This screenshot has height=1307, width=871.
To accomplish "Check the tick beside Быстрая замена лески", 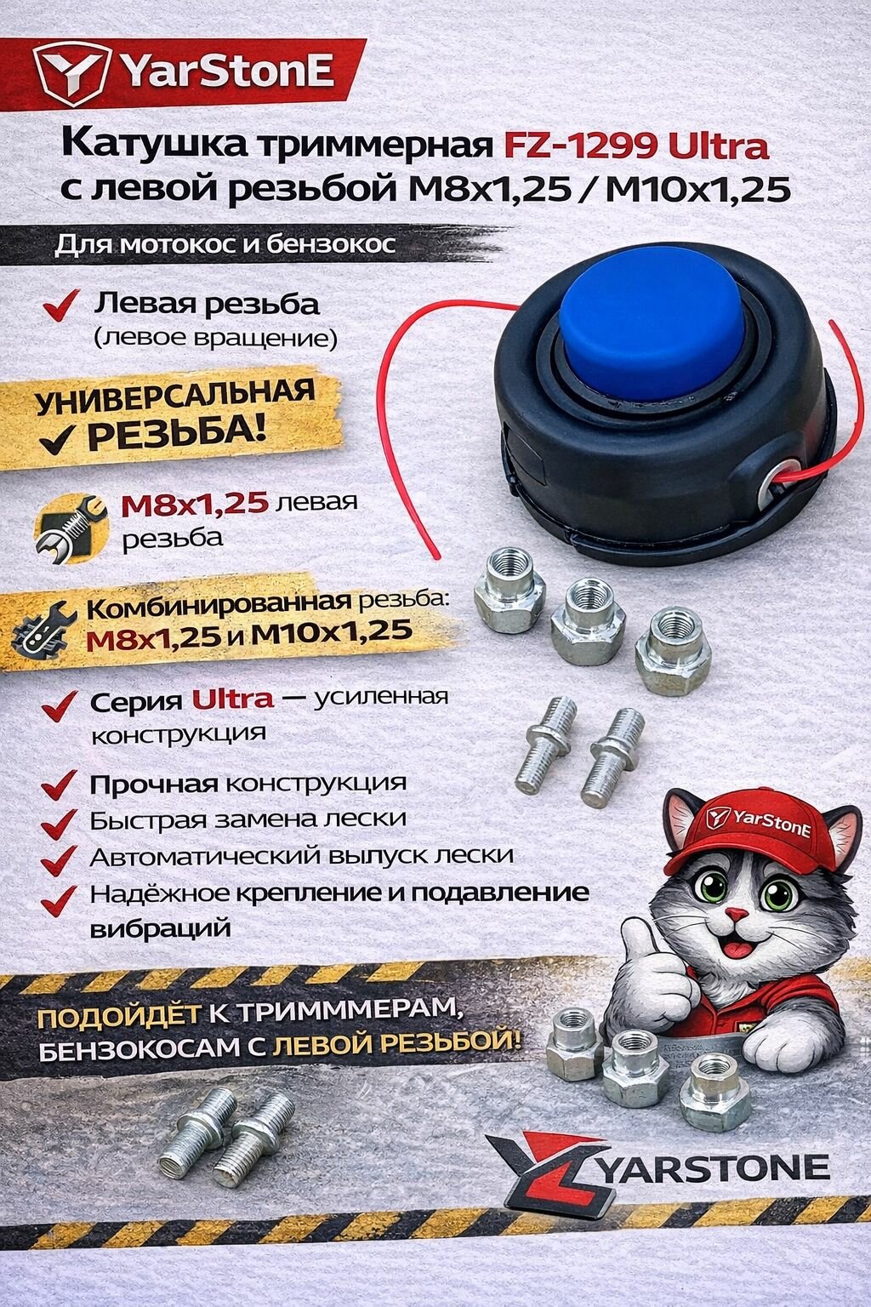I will (61, 819).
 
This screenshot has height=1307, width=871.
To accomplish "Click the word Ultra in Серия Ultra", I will (232, 699).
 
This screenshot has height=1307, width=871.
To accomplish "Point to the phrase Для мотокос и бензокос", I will (225, 245).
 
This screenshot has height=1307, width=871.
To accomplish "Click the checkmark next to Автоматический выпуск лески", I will (61, 856).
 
